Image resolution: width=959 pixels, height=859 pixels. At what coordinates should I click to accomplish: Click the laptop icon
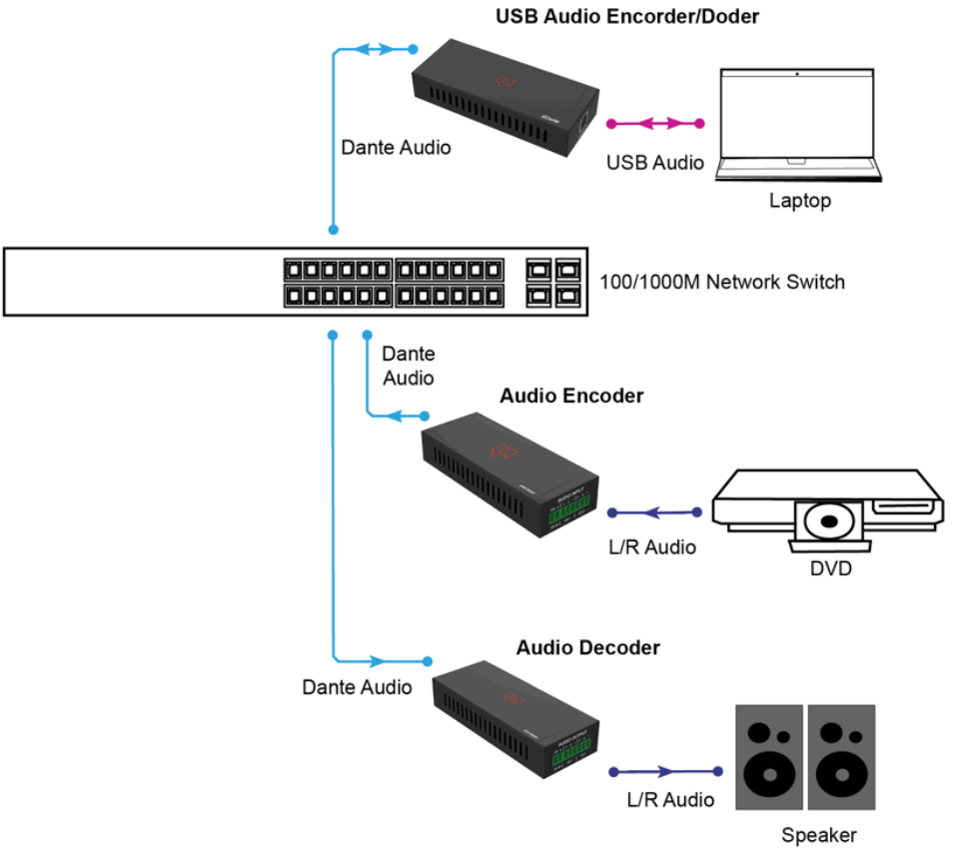(798, 125)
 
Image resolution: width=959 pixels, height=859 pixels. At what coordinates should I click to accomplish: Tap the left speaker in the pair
(768, 757)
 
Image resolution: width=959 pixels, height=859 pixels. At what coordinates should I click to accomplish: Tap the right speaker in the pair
(841, 757)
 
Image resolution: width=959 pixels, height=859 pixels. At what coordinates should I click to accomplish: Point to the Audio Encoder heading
(571, 396)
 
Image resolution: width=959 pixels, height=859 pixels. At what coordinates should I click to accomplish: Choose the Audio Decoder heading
(587, 647)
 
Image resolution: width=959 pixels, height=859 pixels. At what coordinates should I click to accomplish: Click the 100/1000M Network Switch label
(722, 282)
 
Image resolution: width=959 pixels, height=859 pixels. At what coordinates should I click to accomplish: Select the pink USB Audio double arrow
(655, 124)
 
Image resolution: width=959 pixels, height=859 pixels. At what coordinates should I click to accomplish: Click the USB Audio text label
(655, 162)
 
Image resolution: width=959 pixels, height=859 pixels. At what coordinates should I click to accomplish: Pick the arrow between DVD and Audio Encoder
(654, 513)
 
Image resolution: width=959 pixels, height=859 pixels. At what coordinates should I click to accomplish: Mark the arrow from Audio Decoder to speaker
(665, 771)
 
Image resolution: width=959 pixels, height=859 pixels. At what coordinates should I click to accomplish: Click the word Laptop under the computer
(799, 201)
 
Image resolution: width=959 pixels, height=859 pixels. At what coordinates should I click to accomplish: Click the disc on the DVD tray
(827, 521)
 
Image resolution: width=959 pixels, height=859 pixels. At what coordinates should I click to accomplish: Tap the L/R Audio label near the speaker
(670, 799)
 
